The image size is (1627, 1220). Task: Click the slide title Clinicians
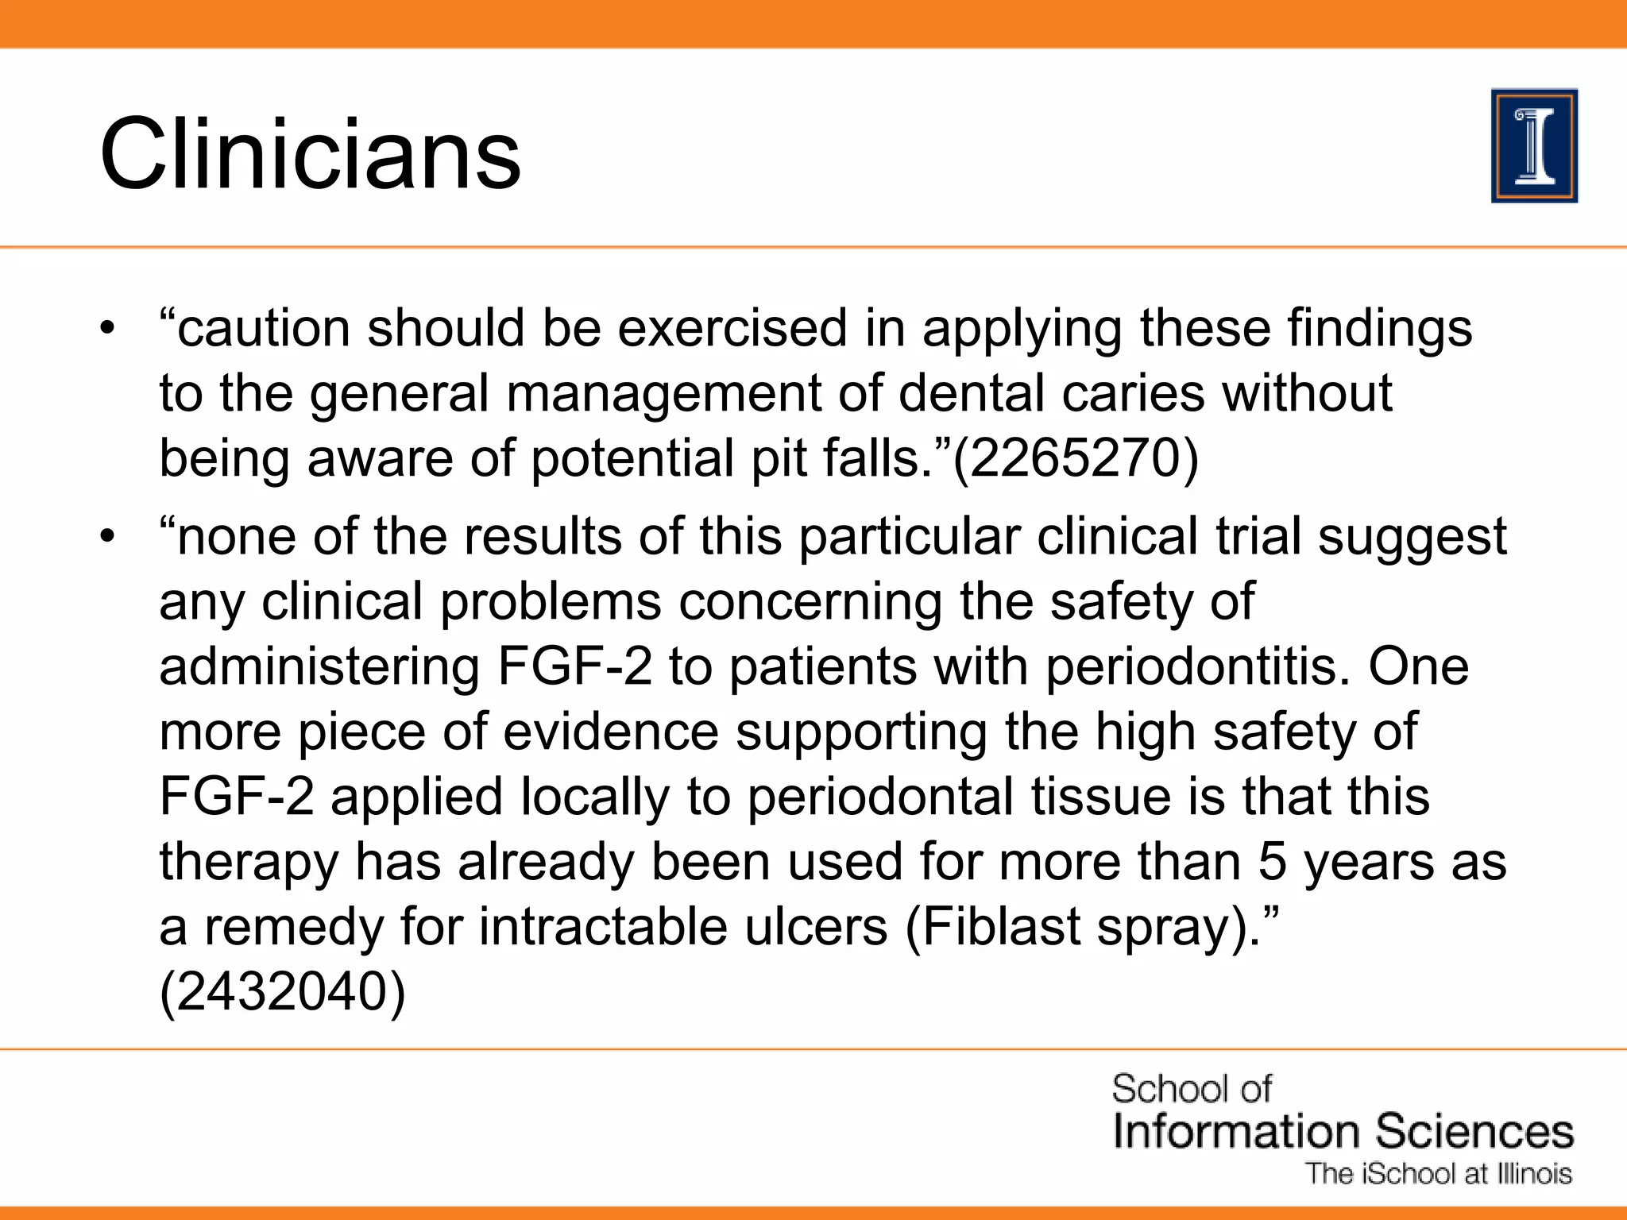[310, 152]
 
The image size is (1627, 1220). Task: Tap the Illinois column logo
[1534, 146]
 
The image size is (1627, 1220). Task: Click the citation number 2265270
[1075, 458]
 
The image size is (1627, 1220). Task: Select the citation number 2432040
[282, 992]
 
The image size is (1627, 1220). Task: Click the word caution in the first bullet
[263, 328]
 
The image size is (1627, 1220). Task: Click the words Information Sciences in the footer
[1343, 1131]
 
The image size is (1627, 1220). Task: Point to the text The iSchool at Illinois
[1439, 1174]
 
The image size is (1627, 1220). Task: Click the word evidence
[610, 732]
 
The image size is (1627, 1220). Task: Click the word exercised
[732, 328]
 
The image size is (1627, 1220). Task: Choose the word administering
[319, 666]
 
